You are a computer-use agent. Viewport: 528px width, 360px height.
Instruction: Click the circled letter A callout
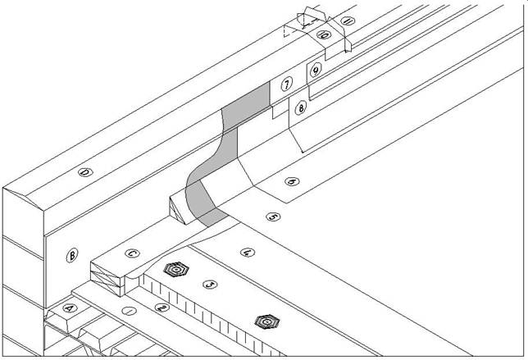(69, 308)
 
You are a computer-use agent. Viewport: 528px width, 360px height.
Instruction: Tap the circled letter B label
(71, 256)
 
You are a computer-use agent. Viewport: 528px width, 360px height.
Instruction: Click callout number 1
(129, 312)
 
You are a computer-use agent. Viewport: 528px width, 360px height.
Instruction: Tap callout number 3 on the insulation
(211, 285)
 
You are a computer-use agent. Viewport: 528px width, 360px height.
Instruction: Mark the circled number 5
(274, 217)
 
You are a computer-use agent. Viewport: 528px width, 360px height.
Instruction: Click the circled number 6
(292, 180)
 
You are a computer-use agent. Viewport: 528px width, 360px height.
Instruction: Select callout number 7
(286, 84)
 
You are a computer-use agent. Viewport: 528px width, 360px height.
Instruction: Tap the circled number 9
(315, 71)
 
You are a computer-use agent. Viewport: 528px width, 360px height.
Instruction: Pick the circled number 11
(346, 21)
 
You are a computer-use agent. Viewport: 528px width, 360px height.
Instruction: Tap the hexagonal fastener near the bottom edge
(263, 321)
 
